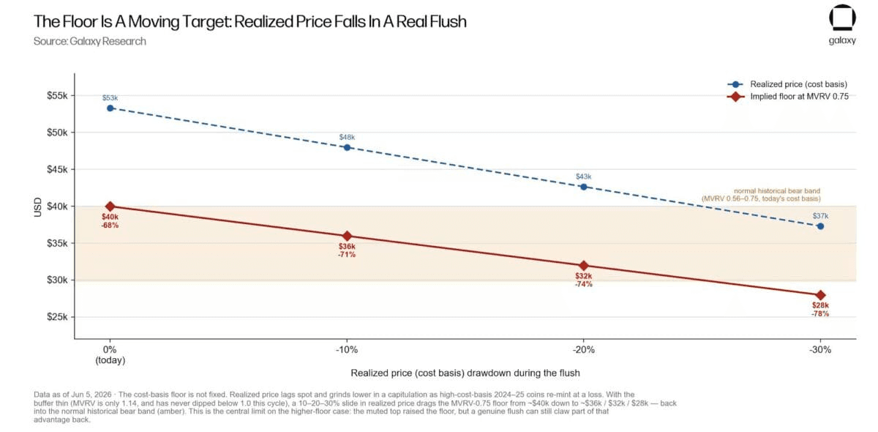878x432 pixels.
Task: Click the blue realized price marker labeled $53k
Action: point(110,108)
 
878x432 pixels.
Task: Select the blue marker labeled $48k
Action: point(347,147)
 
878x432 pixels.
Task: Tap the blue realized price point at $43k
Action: point(584,187)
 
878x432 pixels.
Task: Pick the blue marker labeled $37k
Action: point(820,226)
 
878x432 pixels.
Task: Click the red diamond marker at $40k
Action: point(110,206)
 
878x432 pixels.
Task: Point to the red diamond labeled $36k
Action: point(347,236)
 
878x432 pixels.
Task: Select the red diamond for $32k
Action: point(584,265)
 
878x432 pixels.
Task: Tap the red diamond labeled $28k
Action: point(820,295)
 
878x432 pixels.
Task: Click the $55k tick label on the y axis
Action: point(57,95)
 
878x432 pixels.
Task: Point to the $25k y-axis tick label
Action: point(57,316)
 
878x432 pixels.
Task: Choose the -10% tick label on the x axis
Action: point(347,349)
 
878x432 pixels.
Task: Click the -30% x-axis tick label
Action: point(820,349)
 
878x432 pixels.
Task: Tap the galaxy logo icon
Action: point(842,18)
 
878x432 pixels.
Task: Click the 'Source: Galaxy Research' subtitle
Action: point(90,41)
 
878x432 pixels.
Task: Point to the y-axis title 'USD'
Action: point(37,206)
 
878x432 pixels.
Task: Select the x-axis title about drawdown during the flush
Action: point(465,373)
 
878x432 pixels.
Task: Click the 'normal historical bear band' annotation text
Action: point(777,191)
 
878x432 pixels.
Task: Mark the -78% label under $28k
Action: point(820,313)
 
